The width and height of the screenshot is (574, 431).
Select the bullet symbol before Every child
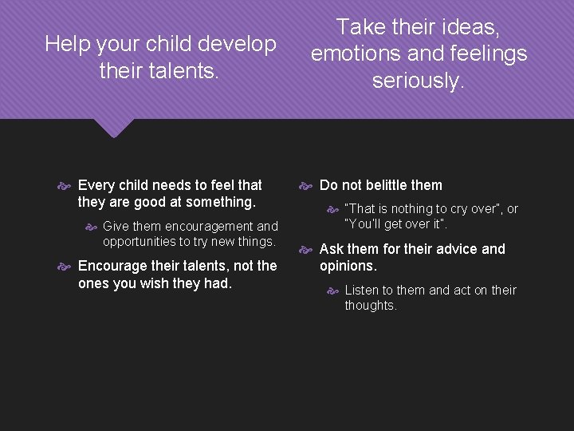click(67, 186)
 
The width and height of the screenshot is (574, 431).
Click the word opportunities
click(143, 241)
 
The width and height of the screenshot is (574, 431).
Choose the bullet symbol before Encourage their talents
click(67, 267)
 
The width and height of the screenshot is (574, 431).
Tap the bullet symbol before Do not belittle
click(307, 186)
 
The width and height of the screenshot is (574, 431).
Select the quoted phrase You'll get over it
click(396, 224)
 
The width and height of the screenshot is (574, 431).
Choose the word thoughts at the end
click(370, 305)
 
